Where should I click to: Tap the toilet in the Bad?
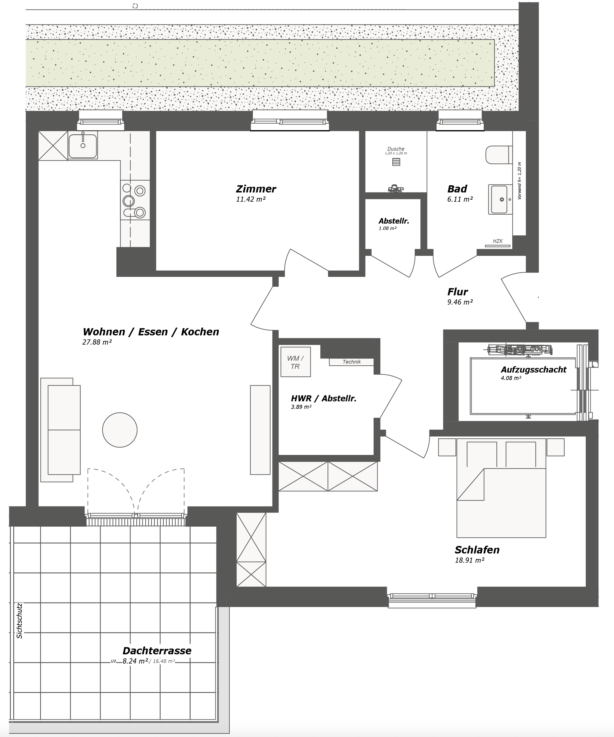click(498, 155)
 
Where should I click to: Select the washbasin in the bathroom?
click(499, 199)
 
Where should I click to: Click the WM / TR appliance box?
click(295, 362)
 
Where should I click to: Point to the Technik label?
click(351, 362)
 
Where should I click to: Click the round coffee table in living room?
click(120, 430)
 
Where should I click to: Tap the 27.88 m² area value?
click(97, 342)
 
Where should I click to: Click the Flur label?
click(457, 292)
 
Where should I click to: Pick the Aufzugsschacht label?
click(533, 370)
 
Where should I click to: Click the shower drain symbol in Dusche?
click(396, 162)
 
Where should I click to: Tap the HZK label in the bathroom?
click(498, 241)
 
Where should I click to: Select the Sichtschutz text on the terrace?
click(20, 621)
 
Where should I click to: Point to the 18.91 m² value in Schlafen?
click(469, 560)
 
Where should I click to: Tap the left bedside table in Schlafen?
click(447, 447)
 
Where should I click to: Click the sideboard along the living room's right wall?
click(260, 430)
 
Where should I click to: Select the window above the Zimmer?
click(290, 121)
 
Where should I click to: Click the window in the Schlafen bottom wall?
click(432, 596)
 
